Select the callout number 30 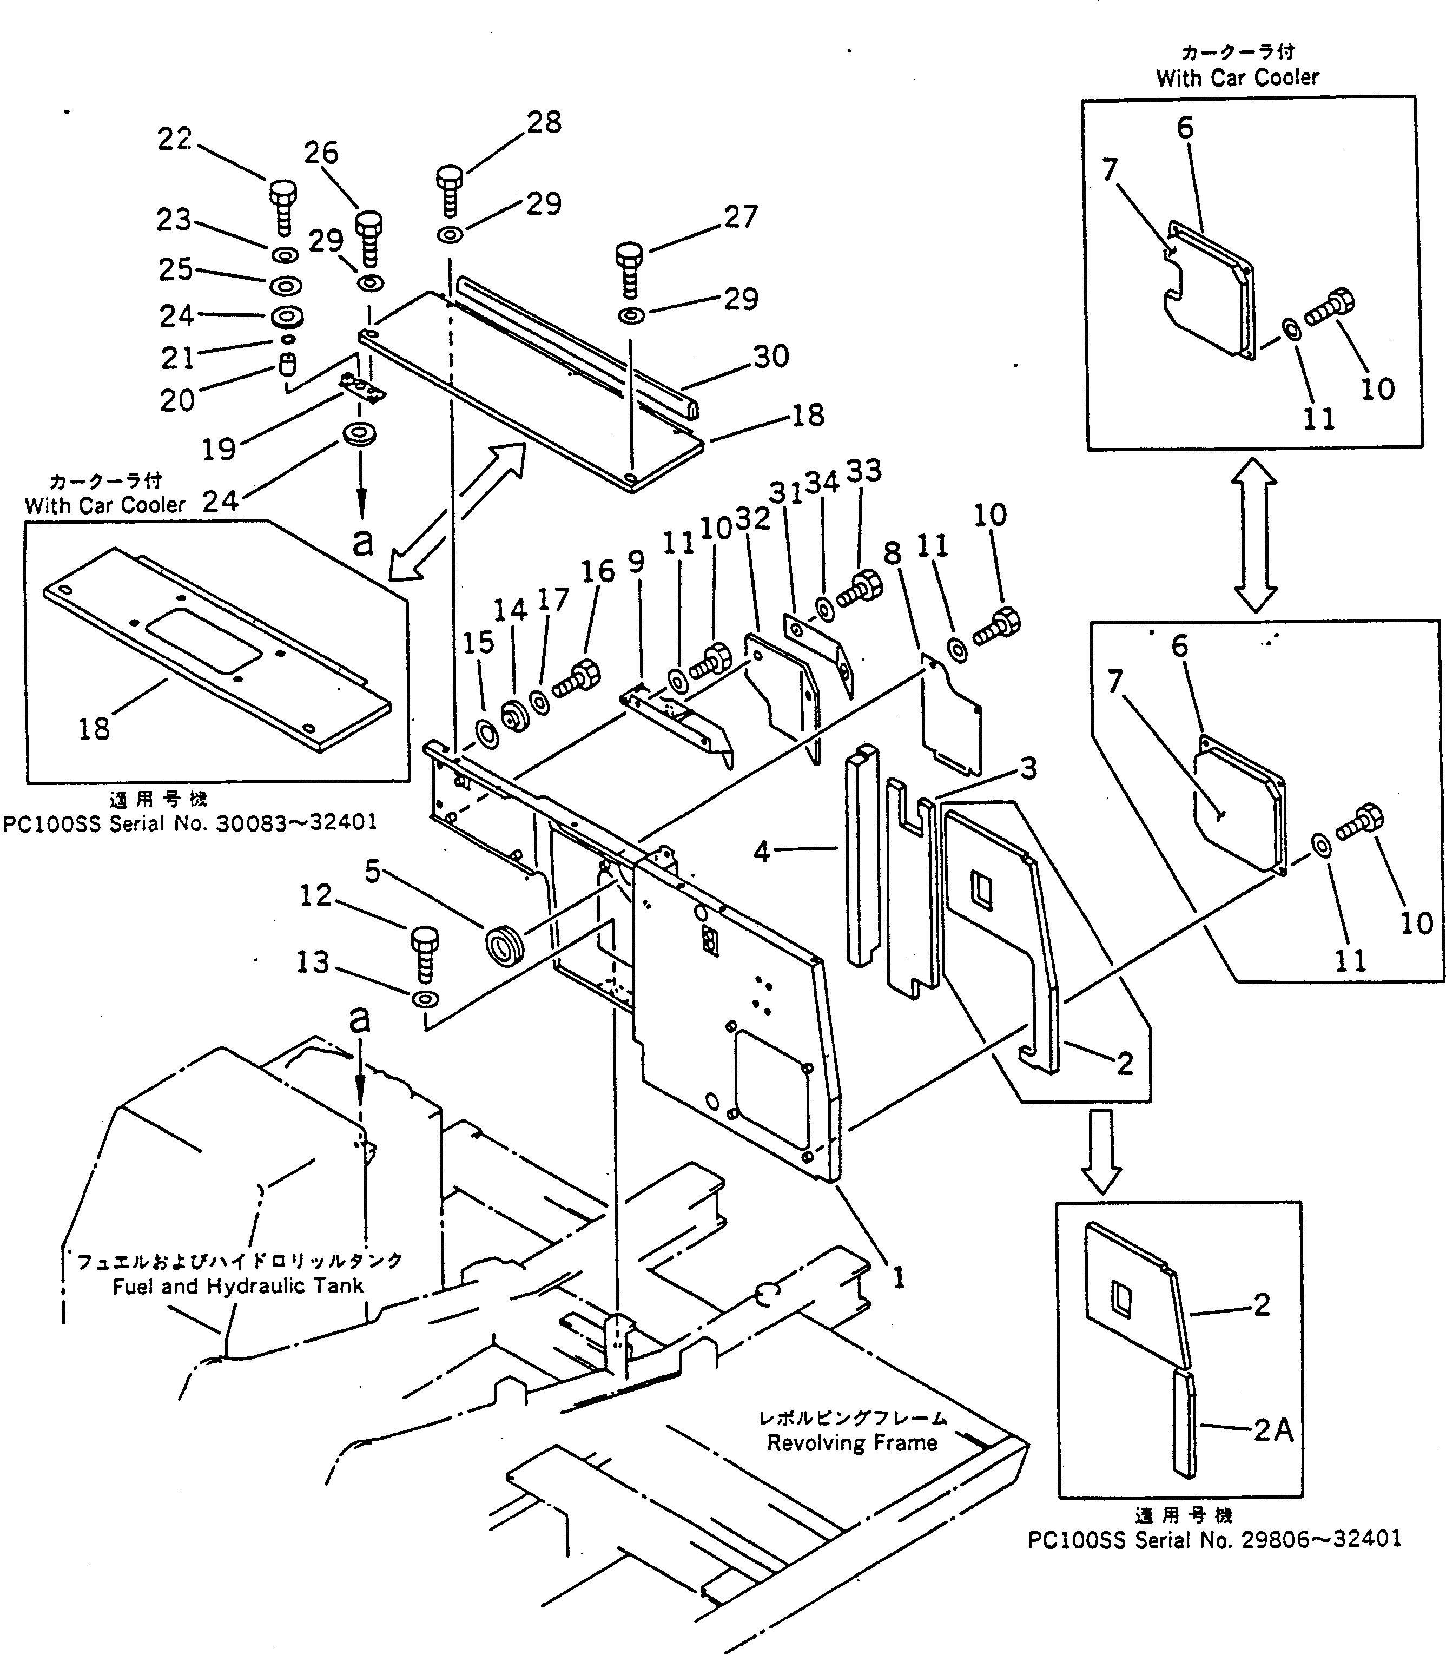coord(771,356)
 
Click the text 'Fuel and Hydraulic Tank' coord(238,1285)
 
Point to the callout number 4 coord(762,851)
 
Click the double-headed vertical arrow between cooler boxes coord(1254,534)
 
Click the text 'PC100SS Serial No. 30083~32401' coord(190,822)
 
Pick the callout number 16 coord(598,571)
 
